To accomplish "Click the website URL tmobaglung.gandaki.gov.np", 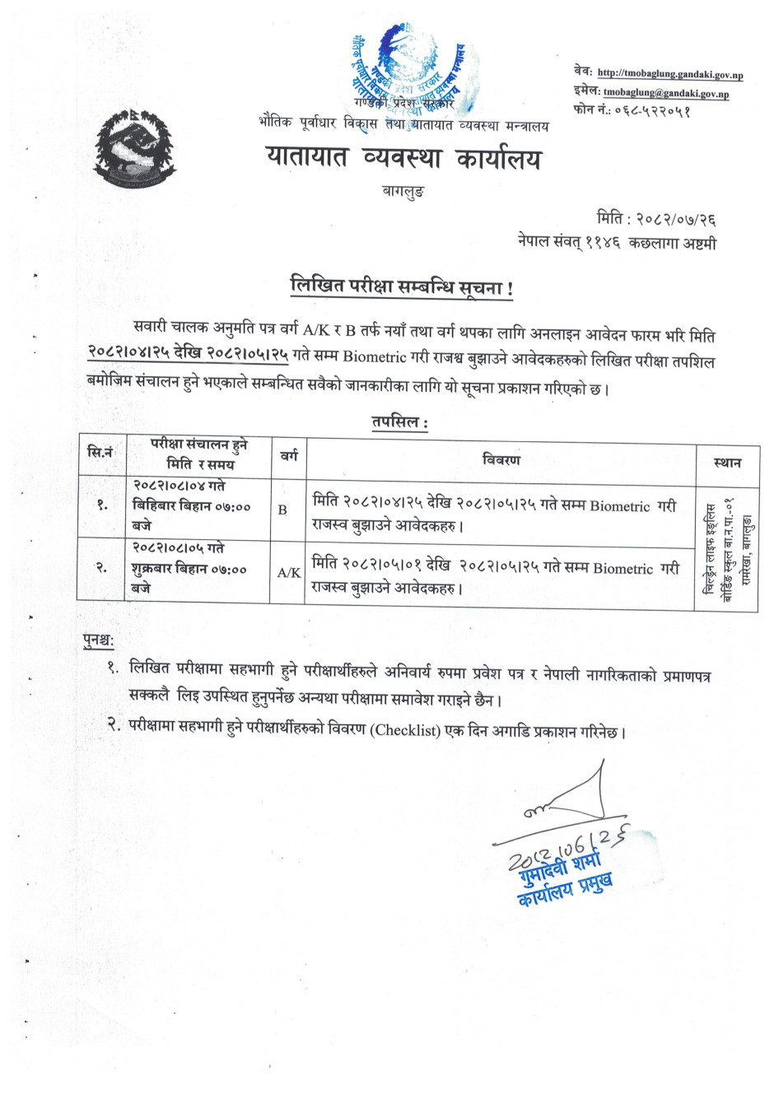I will point(669,74).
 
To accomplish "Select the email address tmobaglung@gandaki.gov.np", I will point(665,93).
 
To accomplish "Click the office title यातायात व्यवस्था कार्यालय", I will point(403,157).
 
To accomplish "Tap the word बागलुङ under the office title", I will point(403,192).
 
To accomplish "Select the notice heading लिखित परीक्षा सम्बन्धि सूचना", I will point(402,288).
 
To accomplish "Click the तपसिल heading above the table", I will point(399,422).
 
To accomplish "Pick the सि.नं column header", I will point(100,452).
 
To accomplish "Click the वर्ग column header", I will point(289,455).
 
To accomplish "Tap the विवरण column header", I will point(501,459).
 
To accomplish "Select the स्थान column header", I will point(726,463).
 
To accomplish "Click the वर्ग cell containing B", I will point(282,510).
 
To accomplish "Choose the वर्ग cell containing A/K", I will point(288,573).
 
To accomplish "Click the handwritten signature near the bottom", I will point(568,803).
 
